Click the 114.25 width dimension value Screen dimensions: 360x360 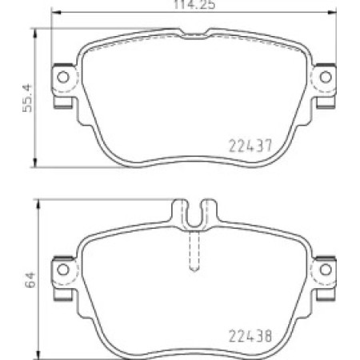pyautogui.click(x=194, y=5)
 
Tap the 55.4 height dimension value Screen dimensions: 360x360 pyautogui.click(x=27, y=98)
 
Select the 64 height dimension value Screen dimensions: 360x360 pyautogui.click(x=30, y=279)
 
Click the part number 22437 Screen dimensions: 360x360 pyautogui.click(x=250, y=146)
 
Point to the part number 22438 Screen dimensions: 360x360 pyautogui.click(x=250, y=336)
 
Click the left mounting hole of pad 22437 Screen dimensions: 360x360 pyautogui.click(x=63, y=78)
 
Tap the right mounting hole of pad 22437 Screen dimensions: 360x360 pyautogui.click(x=326, y=78)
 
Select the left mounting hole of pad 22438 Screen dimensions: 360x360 pyautogui.click(x=63, y=270)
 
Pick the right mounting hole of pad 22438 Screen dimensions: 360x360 pyautogui.click(x=326, y=270)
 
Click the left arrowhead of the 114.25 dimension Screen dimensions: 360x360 pyautogui.click(x=55, y=12)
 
